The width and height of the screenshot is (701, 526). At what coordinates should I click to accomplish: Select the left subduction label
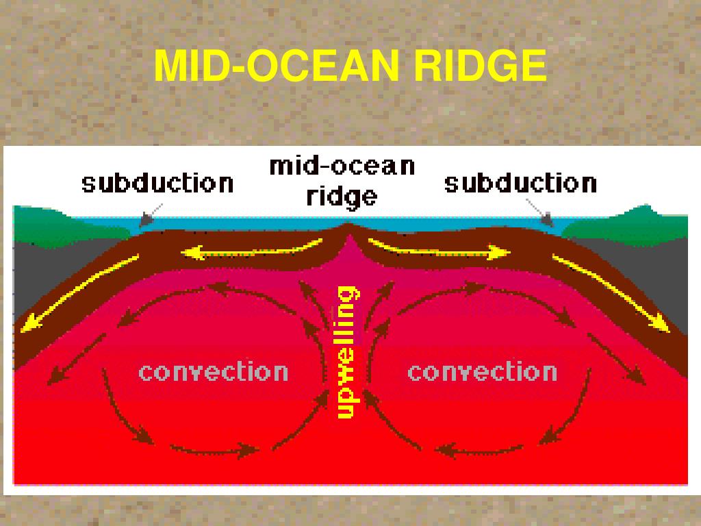click(x=157, y=184)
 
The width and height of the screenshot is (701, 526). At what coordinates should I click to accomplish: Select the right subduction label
click(x=520, y=184)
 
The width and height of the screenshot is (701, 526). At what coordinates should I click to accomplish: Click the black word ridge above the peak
click(x=341, y=197)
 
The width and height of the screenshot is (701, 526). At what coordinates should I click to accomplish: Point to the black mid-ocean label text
click(x=342, y=166)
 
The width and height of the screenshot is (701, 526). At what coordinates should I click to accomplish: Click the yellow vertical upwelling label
click(x=346, y=353)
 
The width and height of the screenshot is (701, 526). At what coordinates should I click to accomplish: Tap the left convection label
click(x=213, y=372)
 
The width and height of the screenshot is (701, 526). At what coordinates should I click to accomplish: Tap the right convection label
click(x=482, y=372)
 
